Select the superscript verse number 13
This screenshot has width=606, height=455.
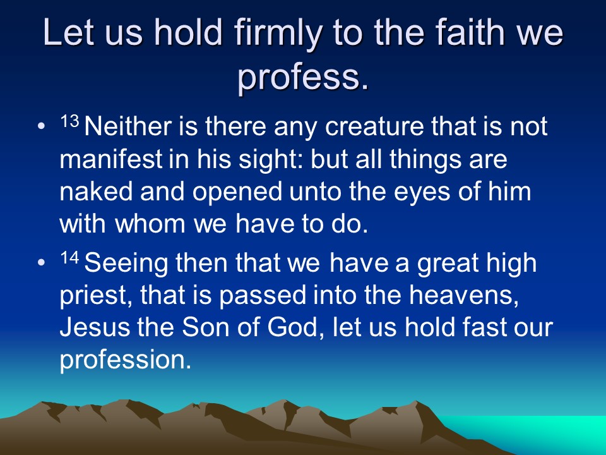(69, 122)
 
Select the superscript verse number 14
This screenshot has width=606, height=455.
(69, 258)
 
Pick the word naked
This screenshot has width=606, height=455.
(96, 191)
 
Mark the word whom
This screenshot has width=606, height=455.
(150, 224)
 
